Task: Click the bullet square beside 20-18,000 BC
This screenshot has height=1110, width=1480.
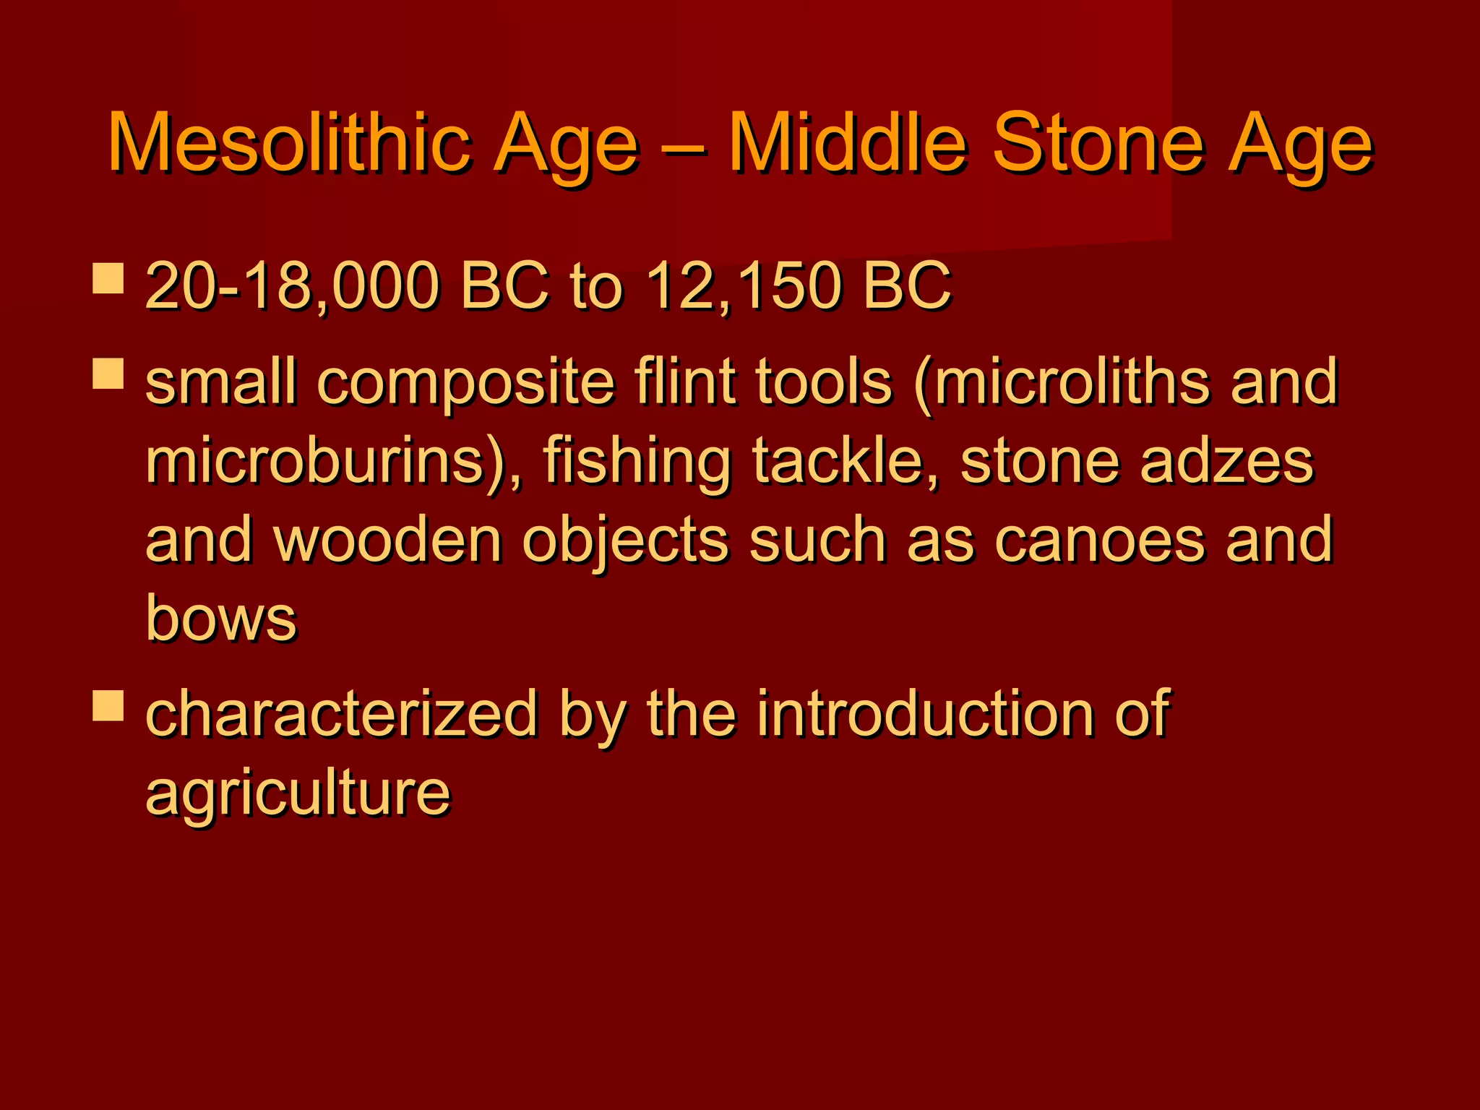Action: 108,278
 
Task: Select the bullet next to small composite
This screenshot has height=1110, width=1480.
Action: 108,374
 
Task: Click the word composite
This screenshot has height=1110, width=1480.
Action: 466,383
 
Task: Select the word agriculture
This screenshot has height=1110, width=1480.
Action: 298,793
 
